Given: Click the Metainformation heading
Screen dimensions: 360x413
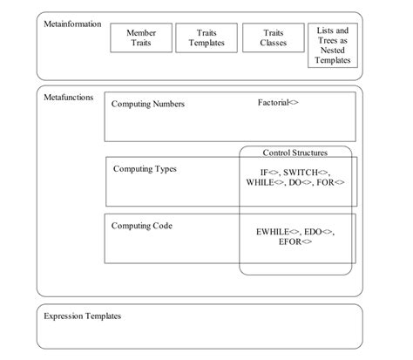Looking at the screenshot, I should (72, 24).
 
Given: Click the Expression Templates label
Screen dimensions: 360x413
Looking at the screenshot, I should (82, 316).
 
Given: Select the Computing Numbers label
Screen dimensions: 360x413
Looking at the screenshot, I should (147, 105).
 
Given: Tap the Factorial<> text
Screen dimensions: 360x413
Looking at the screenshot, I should (278, 103).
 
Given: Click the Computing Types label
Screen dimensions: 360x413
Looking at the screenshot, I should (145, 168).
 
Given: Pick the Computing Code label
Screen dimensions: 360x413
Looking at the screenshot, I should (142, 226).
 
